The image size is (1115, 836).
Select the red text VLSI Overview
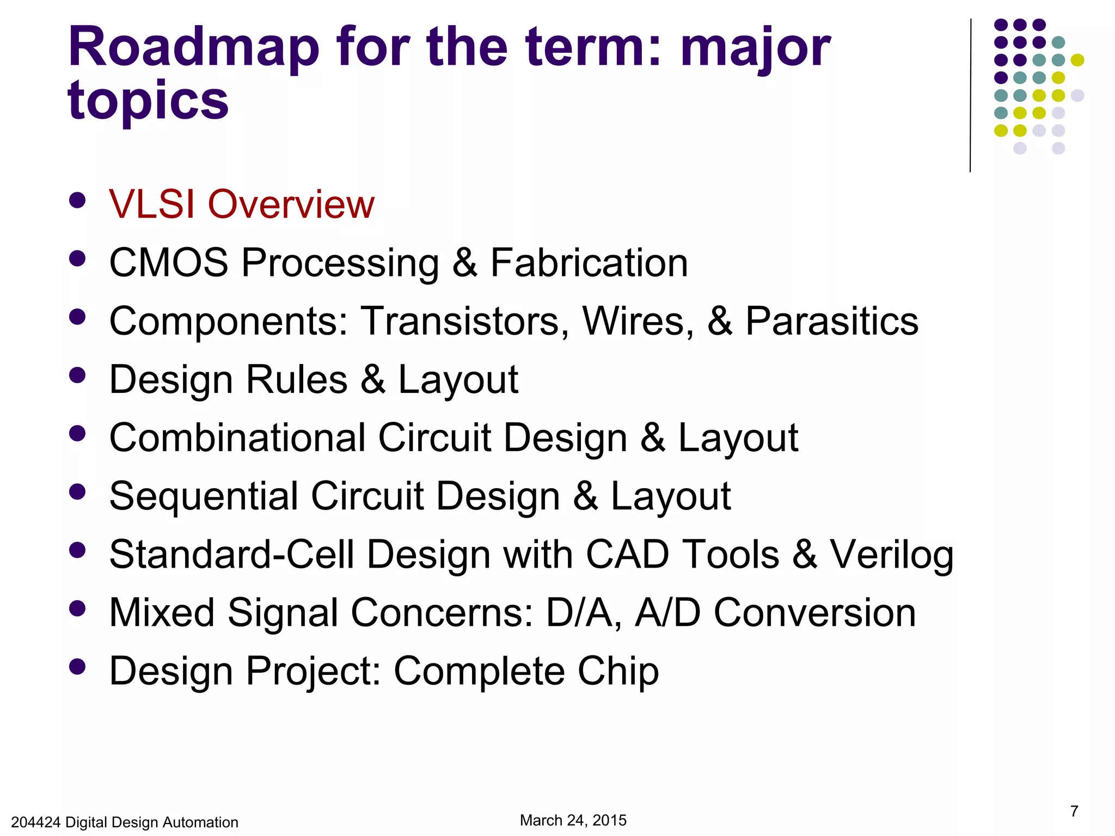pyautogui.click(x=242, y=205)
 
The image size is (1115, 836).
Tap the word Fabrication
pyautogui.click(x=589, y=263)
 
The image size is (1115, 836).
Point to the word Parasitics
pyautogui.click(x=831, y=321)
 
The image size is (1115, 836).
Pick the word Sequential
pyautogui.click(x=204, y=497)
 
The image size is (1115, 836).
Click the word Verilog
pyautogui.click(x=891, y=555)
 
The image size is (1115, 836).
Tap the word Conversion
pyautogui.click(x=814, y=613)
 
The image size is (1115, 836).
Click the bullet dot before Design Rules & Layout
pyautogui.click(x=78, y=376)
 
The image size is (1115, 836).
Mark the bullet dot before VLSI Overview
pyautogui.click(x=78, y=200)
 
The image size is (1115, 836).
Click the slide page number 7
pyautogui.click(x=1074, y=812)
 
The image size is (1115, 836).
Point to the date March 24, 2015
pyautogui.click(x=573, y=820)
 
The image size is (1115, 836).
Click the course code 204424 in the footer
pyautogui.click(x=35, y=822)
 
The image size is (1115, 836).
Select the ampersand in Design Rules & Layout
pyautogui.click(x=373, y=380)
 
